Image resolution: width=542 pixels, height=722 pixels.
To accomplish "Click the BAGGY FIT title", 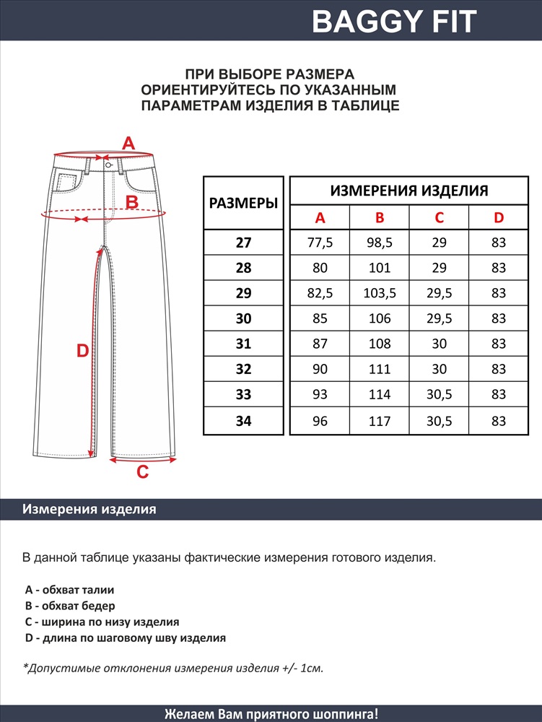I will tap(394, 22).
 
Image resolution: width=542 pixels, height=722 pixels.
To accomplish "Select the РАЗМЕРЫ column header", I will tap(243, 203).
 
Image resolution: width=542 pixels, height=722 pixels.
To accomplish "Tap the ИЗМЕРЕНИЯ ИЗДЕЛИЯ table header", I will tap(409, 191).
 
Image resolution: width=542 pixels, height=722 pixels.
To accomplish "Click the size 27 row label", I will tap(243, 243).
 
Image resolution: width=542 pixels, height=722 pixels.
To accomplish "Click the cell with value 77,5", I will tap(320, 243).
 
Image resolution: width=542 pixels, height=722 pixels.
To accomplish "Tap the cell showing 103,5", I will tap(380, 294).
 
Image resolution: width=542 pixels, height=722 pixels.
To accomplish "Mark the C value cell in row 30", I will tap(440, 319).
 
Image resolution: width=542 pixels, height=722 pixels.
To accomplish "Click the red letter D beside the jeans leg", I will tap(82, 352).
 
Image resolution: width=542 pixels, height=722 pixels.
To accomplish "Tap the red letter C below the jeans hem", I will tap(143, 472).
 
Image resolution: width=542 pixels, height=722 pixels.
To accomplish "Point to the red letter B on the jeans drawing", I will tap(132, 202).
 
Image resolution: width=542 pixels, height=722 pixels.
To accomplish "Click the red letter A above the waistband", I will tap(128, 143).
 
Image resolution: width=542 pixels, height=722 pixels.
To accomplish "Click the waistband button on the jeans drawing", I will tap(108, 165).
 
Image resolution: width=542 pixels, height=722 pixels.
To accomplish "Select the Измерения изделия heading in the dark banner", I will tap(89, 509).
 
